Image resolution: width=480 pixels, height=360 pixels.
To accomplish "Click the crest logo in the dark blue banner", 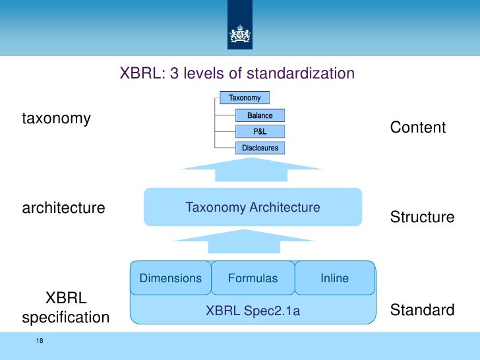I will click(239, 35).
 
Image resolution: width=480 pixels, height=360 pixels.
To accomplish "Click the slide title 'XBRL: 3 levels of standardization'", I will click(237, 73).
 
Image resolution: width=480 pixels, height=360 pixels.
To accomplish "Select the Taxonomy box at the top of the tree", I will click(245, 98).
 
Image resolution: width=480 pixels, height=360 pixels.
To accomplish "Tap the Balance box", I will click(260, 115).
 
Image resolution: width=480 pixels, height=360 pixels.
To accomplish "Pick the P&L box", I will click(260, 131).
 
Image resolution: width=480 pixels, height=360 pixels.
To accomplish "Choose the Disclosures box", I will click(260, 148).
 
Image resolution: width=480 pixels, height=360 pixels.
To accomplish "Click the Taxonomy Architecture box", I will click(253, 208).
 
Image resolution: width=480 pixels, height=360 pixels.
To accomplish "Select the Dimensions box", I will click(170, 278).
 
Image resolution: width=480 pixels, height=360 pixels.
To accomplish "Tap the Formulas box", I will click(253, 278).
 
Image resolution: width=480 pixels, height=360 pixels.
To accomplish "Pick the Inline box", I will click(334, 278).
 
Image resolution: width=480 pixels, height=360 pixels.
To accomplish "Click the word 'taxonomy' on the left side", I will click(56, 119).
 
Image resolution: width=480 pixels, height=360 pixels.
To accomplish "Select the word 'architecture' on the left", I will click(63, 208).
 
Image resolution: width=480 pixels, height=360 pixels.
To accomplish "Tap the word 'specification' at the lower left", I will click(66, 318).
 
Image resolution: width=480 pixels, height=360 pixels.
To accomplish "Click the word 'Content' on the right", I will click(418, 127).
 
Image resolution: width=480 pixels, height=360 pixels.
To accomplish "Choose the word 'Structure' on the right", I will click(422, 217).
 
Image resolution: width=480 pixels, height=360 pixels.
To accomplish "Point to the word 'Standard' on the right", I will click(422, 310).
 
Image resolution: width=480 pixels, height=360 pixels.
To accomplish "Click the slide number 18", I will click(40, 341).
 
